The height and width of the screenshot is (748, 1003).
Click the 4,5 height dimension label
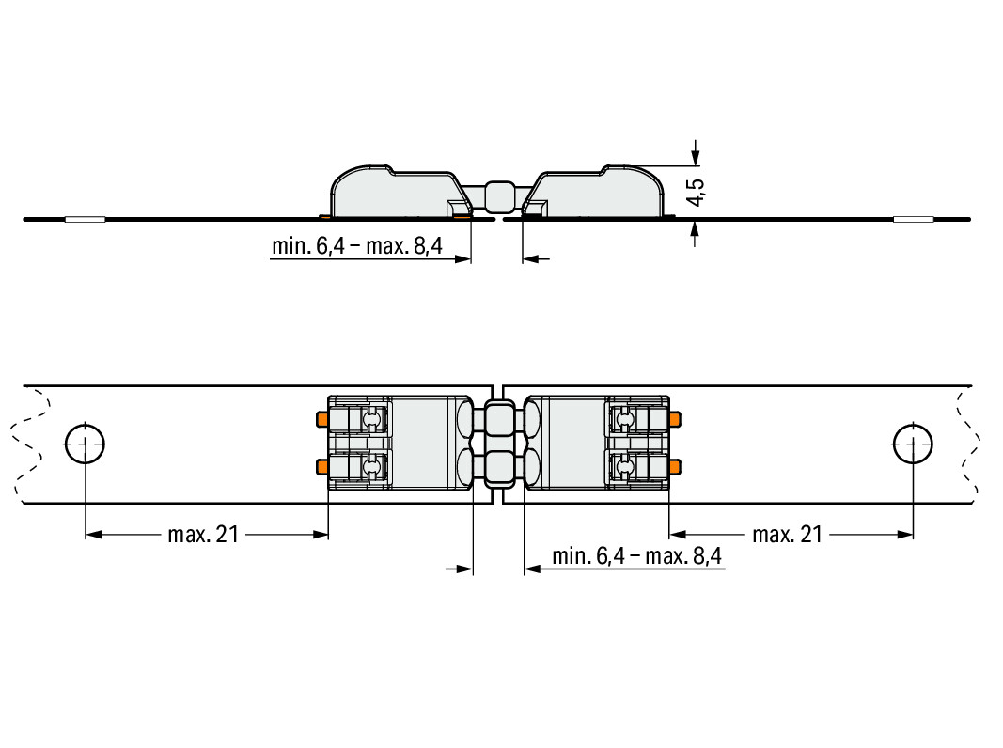[x=697, y=192]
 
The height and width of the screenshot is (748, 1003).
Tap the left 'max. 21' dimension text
[x=203, y=535]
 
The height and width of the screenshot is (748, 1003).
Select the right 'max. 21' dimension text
[x=788, y=535]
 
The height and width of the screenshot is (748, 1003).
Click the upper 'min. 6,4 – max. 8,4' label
[x=357, y=246]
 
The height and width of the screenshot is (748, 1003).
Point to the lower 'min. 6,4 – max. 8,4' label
[x=636, y=556]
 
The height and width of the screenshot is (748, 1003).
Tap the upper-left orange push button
[x=322, y=419]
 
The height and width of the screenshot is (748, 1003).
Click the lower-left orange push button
[x=322, y=467]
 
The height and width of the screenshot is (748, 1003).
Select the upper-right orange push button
[x=675, y=419]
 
